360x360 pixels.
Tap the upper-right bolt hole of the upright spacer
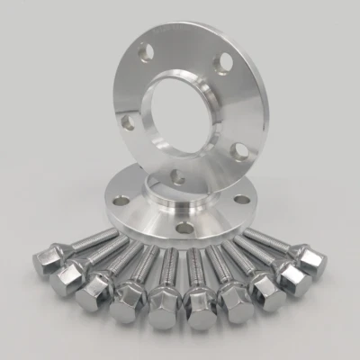[x=220, y=62]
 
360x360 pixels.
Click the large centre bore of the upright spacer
[x=180, y=117]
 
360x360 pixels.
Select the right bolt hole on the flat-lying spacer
[x=241, y=200]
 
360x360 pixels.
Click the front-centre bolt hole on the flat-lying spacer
[x=184, y=228]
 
